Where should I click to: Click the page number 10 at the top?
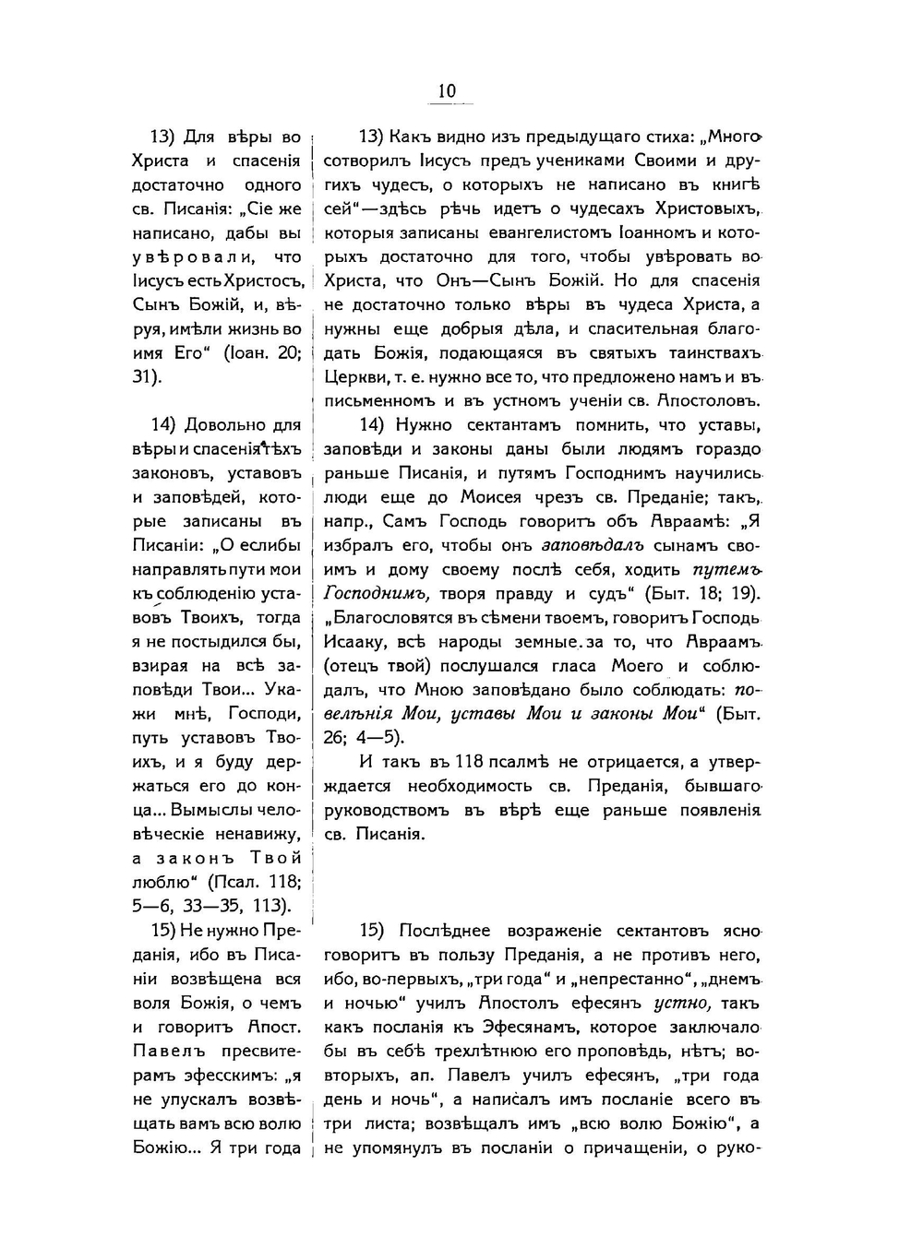pyautogui.click(x=447, y=90)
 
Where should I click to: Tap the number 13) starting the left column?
pyautogui.click(x=163, y=137)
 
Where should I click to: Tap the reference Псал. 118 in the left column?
pyautogui.click(x=256, y=881)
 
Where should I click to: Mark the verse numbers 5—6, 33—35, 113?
pyautogui.click(x=211, y=905)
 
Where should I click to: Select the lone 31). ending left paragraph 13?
pyautogui.click(x=148, y=376)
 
